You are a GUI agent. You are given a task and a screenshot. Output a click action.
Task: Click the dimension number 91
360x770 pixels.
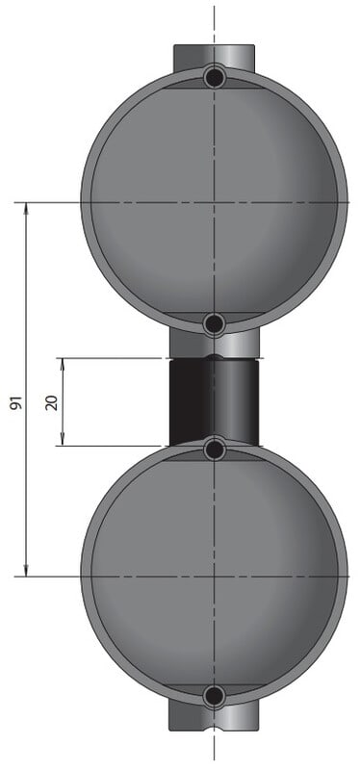[x=16, y=402]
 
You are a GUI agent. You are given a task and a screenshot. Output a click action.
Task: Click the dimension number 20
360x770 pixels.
[x=52, y=402]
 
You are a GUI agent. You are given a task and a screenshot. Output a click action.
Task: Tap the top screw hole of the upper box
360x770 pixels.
[x=214, y=77]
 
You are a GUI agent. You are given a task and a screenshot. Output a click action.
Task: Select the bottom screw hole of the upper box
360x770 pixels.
[x=214, y=324]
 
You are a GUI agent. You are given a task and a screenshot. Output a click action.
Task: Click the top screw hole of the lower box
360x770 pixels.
[x=214, y=449]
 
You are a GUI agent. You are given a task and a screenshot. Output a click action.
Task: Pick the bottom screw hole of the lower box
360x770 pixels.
[x=214, y=695]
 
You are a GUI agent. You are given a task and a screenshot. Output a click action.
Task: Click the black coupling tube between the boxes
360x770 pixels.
[x=214, y=402]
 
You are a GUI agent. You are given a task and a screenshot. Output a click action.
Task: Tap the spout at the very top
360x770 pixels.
[x=214, y=57]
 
